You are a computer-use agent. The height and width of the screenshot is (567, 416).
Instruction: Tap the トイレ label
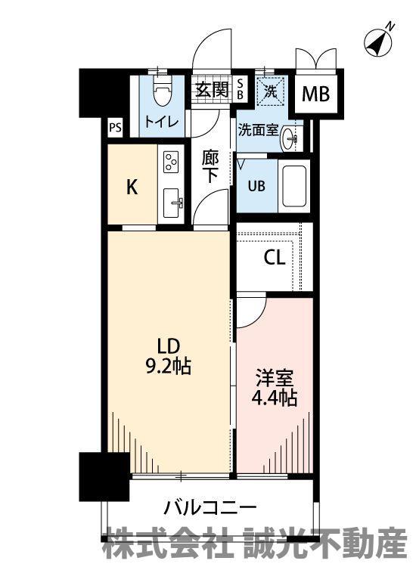tap(162, 121)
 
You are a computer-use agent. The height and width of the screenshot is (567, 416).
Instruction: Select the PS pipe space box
tap(116, 128)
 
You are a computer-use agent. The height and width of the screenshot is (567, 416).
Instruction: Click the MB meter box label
tap(316, 94)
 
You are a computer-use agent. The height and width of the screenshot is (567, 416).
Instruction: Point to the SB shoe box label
tap(240, 89)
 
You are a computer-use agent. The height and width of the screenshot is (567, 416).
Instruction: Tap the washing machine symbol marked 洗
tap(270, 91)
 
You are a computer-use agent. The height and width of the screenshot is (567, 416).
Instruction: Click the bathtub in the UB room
tap(293, 187)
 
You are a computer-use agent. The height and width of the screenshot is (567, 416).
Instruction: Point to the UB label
tap(256, 186)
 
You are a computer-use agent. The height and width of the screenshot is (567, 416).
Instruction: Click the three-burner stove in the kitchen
tap(170, 162)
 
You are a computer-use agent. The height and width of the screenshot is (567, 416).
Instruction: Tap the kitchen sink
tap(172, 203)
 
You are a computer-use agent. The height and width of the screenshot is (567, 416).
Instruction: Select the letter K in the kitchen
tap(132, 187)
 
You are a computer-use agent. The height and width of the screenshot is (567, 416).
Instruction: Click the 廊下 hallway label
tap(210, 167)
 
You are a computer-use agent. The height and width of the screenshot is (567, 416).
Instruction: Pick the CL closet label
tap(275, 258)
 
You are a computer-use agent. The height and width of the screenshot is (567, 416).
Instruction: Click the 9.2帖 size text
tap(168, 367)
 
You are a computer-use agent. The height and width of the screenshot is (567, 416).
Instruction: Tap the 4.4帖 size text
tap(275, 398)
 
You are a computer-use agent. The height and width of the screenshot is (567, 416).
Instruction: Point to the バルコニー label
tap(210, 508)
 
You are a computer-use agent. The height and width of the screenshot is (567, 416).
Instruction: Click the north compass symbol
tap(379, 42)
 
